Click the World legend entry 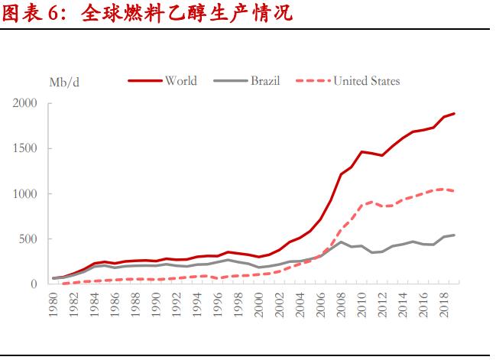click(x=181, y=81)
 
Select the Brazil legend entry click(x=266, y=81)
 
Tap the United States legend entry click(x=366, y=81)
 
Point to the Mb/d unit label click(x=64, y=82)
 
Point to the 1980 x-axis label click(x=54, y=303)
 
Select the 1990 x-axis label click(x=156, y=303)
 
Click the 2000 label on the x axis click(x=259, y=303)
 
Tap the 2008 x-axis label click(x=341, y=303)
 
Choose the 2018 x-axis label click(x=444, y=303)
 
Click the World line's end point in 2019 click(x=454, y=114)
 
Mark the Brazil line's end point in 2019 click(x=454, y=235)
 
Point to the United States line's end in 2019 click(x=454, y=191)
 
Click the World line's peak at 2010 click(x=361, y=151)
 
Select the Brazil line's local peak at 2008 click(x=341, y=242)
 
